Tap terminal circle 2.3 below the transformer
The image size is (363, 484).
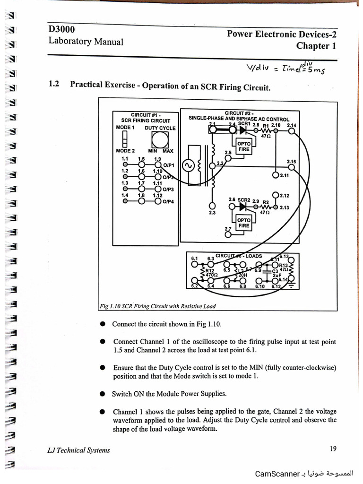(x=212, y=206)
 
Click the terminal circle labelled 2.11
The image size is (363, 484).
(x=276, y=175)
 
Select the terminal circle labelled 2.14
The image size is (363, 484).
(x=293, y=131)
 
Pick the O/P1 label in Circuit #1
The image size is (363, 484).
(x=169, y=165)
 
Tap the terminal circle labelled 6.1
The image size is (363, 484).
(x=195, y=264)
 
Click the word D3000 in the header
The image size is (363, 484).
(x=62, y=29)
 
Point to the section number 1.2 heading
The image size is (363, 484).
(x=53, y=85)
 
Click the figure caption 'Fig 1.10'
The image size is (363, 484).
(x=111, y=306)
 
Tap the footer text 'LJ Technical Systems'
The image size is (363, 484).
(x=79, y=450)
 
